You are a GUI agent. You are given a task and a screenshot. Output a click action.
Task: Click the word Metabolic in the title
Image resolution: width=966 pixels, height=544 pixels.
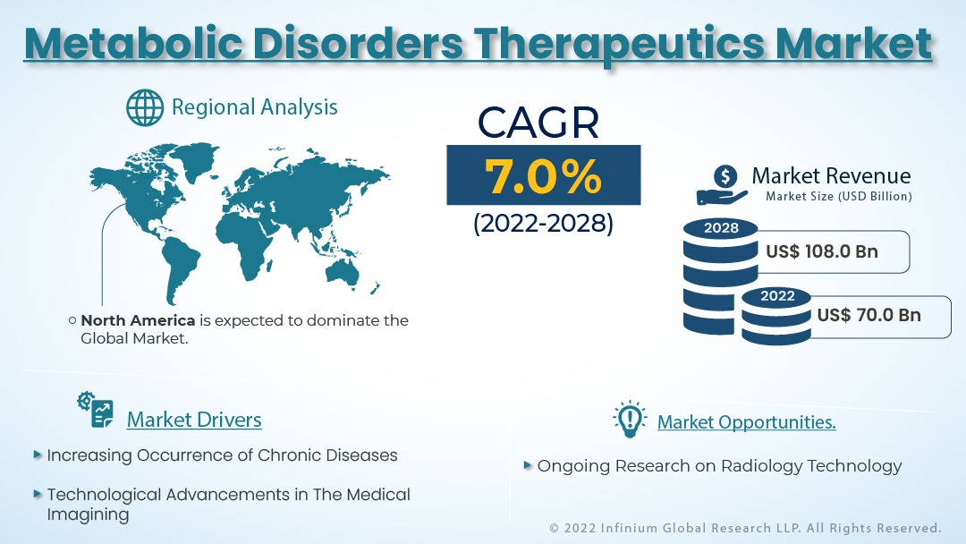point(133,43)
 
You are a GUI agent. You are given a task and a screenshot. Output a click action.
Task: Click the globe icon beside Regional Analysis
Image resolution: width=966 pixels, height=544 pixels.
point(145,107)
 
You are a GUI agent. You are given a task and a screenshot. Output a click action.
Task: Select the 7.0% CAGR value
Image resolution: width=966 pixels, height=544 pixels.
point(543,175)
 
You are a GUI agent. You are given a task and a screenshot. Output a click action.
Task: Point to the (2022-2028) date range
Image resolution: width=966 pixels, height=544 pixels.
point(544,223)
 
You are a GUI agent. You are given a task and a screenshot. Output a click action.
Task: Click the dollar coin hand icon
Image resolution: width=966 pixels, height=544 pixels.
point(723,185)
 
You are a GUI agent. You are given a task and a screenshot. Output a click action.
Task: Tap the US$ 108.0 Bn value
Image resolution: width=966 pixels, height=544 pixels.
point(822,251)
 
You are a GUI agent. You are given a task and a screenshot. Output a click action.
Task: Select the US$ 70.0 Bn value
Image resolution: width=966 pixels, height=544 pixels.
point(869,315)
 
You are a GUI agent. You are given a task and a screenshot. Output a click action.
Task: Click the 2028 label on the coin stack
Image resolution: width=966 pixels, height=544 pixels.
point(721,228)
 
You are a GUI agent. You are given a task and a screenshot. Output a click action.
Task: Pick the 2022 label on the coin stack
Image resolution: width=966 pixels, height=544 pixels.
point(777,296)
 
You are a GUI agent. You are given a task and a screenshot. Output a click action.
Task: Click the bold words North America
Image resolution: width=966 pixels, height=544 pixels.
point(138,320)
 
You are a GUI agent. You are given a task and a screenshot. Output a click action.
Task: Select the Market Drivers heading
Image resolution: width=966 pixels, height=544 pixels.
point(194,420)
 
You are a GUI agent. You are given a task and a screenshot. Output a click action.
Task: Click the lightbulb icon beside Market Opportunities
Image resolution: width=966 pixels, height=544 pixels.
point(630,420)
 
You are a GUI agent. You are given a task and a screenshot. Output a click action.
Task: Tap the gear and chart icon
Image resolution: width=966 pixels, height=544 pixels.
point(96,410)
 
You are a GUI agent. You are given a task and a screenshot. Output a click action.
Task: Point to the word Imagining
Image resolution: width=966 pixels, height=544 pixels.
point(88,514)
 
